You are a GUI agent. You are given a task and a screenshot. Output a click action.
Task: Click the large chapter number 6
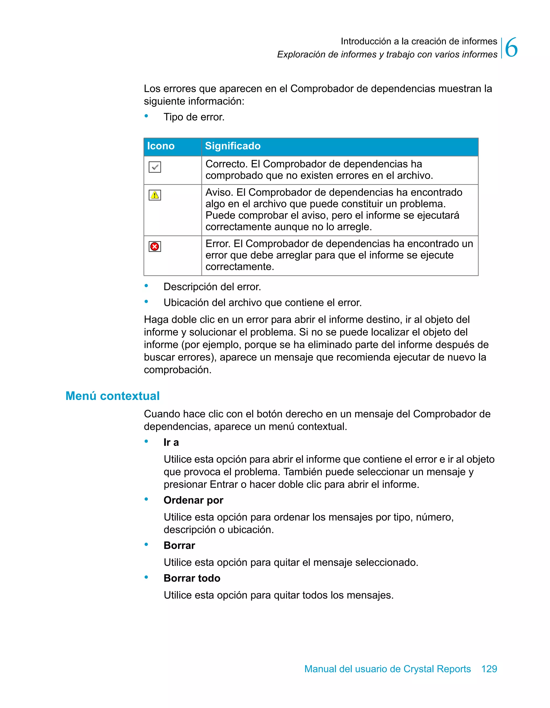click(511, 48)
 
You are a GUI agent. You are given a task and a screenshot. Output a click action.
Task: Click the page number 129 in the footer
click(489, 669)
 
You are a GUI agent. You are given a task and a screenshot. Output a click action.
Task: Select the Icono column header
click(161, 146)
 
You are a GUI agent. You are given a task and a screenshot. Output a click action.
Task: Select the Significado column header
click(233, 146)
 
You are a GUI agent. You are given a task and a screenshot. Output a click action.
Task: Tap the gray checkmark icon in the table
click(155, 167)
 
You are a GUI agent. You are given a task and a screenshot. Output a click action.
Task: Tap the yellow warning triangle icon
click(155, 195)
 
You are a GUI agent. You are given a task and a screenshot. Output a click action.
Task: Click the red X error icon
click(155, 247)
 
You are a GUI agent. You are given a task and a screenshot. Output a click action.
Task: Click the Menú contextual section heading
click(113, 396)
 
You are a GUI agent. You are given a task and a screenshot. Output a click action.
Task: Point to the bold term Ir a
click(171, 442)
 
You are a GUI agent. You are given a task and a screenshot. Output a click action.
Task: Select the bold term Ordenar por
click(193, 500)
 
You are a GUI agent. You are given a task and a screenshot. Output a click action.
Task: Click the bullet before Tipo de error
click(146, 116)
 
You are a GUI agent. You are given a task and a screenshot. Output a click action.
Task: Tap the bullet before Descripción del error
click(146, 286)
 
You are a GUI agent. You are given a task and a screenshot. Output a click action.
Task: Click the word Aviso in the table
click(219, 192)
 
